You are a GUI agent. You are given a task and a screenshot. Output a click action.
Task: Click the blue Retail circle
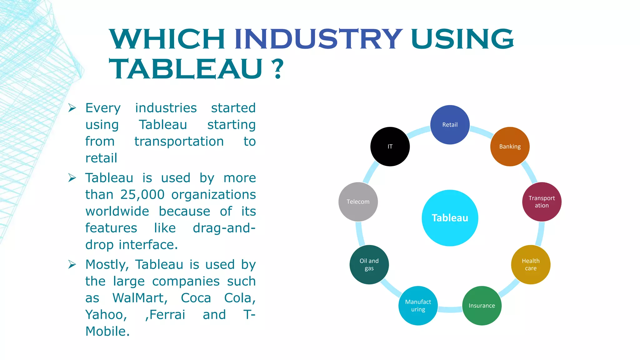coord(450,125)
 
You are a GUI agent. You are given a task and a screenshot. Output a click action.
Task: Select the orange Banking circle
coord(510,147)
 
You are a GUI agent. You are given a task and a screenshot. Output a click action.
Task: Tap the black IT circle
coord(390,147)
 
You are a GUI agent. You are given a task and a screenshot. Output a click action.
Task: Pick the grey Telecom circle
coord(358,202)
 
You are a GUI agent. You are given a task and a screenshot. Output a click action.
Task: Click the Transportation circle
coord(542,202)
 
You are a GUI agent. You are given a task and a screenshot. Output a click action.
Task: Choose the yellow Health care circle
coord(530,265)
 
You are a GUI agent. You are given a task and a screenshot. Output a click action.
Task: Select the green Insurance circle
coord(482,306)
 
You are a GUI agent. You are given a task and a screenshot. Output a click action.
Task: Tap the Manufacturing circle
coord(418,306)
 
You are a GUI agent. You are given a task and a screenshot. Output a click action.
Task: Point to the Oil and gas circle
coord(369,265)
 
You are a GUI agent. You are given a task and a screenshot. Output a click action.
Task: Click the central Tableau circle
coord(450,218)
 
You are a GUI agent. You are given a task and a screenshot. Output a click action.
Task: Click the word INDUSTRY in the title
coord(318,39)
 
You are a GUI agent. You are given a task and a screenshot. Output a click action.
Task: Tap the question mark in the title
coord(277,69)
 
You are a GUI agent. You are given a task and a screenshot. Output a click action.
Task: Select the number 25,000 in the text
coord(142,195)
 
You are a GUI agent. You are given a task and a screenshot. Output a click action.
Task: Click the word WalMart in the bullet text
coord(140,298)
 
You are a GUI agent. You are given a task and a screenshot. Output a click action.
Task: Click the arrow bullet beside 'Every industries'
coord(72,108)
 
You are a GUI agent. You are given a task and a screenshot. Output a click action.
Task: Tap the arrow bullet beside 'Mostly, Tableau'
coord(72,265)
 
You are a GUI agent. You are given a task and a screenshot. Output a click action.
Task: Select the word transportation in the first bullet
coord(179,142)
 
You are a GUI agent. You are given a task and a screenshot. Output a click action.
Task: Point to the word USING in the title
coord(462,39)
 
